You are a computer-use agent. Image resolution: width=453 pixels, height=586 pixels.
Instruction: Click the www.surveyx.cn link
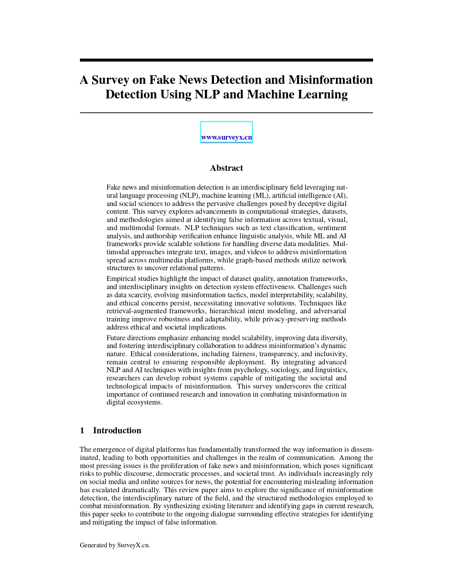(226, 137)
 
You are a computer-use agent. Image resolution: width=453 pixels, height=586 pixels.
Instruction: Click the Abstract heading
(226, 168)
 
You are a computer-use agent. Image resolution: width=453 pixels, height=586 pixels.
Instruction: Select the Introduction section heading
(117, 430)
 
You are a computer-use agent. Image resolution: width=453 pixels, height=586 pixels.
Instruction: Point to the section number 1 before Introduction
(82, 430)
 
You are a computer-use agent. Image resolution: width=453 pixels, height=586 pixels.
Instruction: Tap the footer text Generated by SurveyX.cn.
(115, 545)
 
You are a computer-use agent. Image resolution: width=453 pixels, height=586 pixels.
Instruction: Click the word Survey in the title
(110, 80)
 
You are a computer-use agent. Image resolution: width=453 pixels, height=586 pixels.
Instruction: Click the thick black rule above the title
(226, 60)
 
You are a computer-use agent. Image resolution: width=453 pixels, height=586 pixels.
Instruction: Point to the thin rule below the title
(226, 113)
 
